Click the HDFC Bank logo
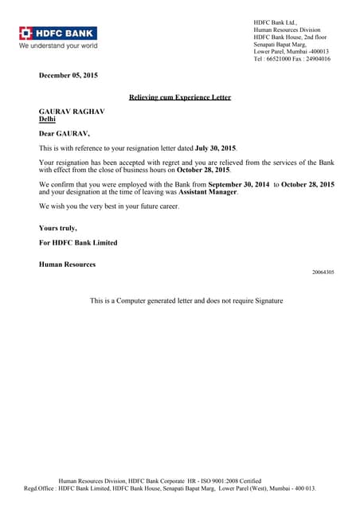pos(58,33)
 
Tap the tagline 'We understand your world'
pos(58,45)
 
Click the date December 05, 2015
pos(68,76)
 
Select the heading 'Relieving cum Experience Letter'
pos(180,97)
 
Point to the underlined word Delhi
pos(48,120)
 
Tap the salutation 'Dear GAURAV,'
pos(65,134)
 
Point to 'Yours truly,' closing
pos(58,228)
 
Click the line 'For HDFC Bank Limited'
pos(78,242)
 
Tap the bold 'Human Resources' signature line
pos(67,264)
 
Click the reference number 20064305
pos(323,273)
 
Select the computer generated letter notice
pos(186,300)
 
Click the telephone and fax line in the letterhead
pos(292,59)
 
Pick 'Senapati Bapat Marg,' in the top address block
pos(280,45)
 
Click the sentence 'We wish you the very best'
pos(109,206)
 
